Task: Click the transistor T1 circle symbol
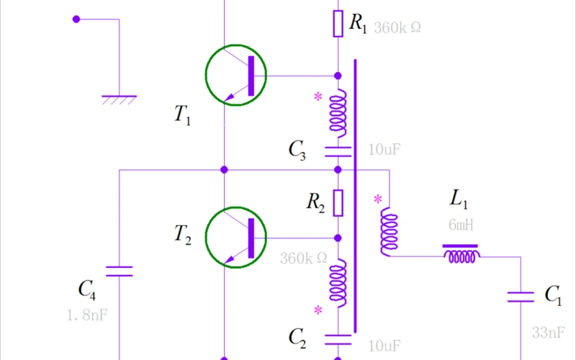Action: point(235,75)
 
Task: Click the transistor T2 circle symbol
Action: point(235,237)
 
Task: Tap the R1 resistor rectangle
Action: point(338,24)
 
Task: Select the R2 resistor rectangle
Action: point(338,203)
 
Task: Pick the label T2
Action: point(182,233)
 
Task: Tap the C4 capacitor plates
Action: point(119,271)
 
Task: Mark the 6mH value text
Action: point(461,225)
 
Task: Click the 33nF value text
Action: point(548,332)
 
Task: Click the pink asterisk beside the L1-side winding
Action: point(377,199)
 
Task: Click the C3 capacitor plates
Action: point(338,151)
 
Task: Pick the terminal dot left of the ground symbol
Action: point(76,19)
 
